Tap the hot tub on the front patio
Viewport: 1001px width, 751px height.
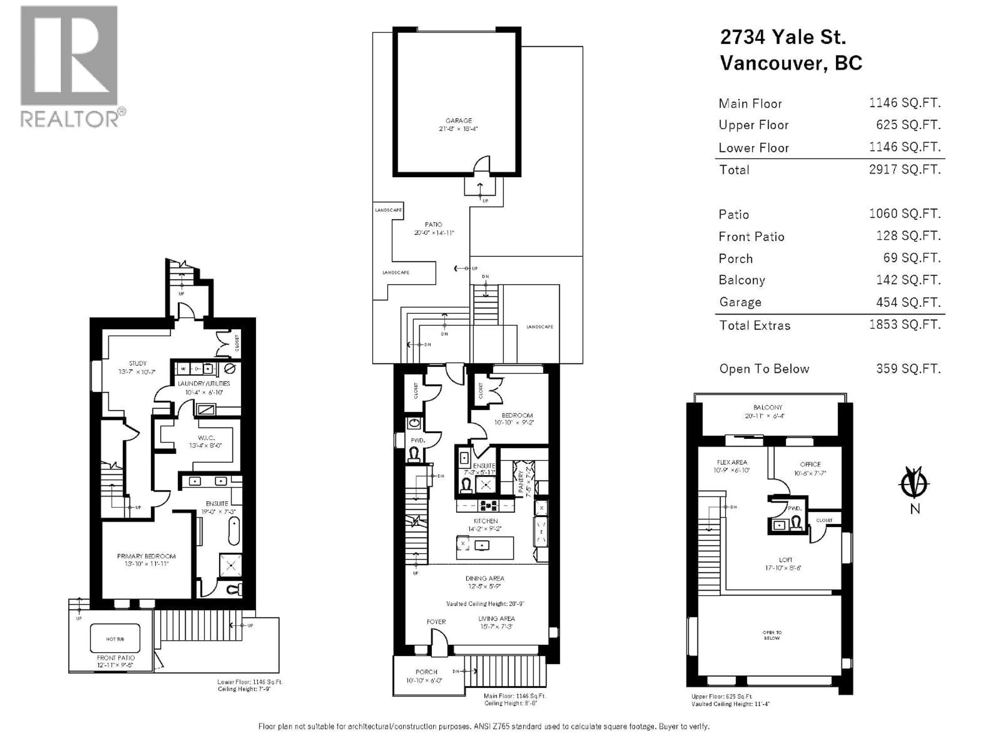[x=115, y=639]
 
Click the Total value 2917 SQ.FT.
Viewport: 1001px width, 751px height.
[x=904, y=169]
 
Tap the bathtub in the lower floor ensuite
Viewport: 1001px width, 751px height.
[x=234, y=531]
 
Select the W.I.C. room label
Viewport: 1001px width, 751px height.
[x=206, y=438]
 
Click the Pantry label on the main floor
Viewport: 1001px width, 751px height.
[x=521, y=481]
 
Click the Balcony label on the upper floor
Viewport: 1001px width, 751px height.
[x=767, y=407]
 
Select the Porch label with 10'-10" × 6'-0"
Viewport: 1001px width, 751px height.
[x=426, y=672]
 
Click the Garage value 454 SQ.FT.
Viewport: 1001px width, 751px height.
[x=908, y=302]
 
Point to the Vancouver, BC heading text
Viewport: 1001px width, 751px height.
[x=791, y=63]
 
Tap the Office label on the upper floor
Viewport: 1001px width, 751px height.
[x=810, y=464]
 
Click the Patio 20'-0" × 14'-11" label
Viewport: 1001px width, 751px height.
[x=434, y=225]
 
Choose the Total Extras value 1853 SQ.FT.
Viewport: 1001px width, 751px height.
[x=904, y=325]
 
